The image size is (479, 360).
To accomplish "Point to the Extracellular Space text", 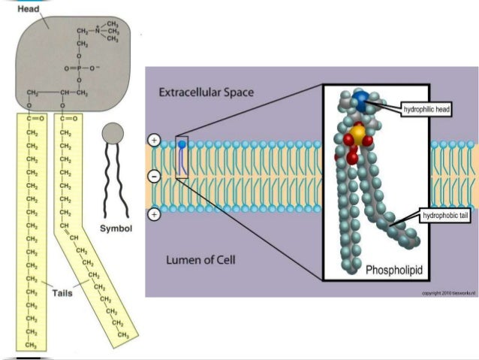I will pyautogui.click(x=206, y=92).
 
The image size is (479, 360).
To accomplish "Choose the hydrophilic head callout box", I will pyautogui.click(x=426, y=110).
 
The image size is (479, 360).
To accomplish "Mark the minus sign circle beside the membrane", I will pyautogui.click(x=154, y=177).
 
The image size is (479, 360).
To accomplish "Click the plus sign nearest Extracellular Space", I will pyautogui.click(x=154, y=141).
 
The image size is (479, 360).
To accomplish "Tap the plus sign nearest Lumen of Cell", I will pyautogui.click(x=154, y=214).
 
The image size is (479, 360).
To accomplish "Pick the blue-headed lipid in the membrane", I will pyautogui.click(x=182, y=143).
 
